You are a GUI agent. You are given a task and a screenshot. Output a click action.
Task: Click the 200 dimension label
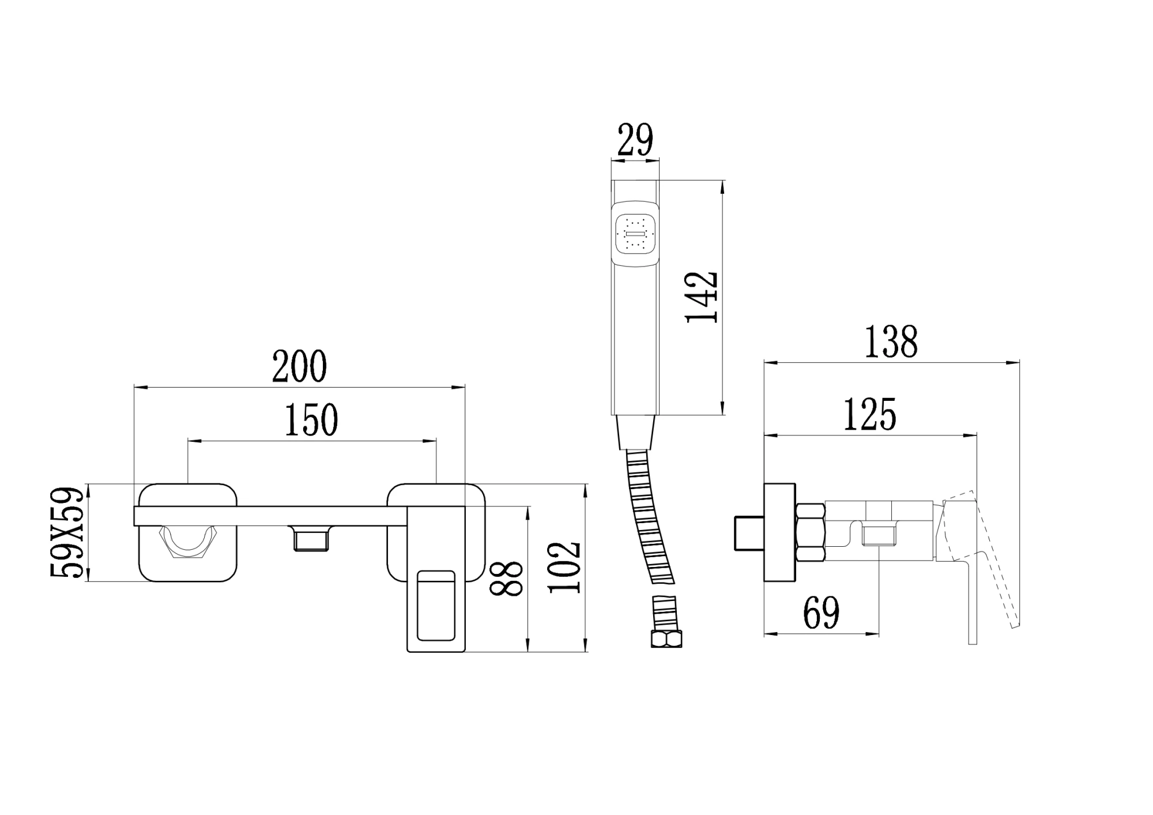(299, 366)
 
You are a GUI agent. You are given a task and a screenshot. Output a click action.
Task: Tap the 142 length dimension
(702, 297)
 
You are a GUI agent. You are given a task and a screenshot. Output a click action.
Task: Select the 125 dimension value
(870, 414)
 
